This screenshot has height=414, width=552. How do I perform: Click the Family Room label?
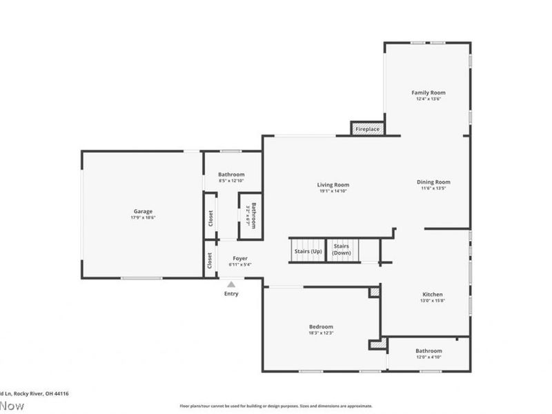point(428,92)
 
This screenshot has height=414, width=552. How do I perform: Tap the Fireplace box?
point(367,129)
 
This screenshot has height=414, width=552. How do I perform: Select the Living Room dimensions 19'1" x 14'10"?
point(333,191)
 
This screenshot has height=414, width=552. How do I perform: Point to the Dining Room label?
point(433,182)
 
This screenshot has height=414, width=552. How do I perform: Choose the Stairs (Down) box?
point(342,250)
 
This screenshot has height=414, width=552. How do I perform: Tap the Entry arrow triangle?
point(231,284)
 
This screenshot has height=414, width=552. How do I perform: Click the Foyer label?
point(239,258)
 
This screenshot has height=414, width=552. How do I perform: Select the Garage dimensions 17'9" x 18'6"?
point(143,217)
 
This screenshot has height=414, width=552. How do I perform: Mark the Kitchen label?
point(433,295)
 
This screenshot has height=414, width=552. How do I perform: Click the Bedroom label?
point(321,326)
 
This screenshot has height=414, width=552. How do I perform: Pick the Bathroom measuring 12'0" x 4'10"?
point(428,353)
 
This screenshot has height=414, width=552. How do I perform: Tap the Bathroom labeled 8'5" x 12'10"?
point(231,175)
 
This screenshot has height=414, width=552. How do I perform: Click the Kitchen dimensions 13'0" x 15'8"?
point(433,301)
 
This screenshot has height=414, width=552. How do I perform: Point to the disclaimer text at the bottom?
point(276,406)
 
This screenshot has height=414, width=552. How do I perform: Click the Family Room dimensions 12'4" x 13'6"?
point(428,99)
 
